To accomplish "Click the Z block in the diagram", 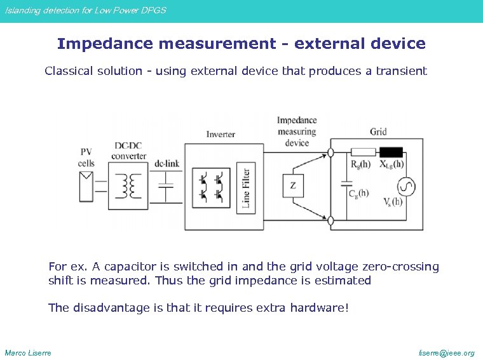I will [x=292, y=185].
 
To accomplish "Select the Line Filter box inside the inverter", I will [x=245, y=187].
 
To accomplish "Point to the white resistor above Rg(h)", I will [x=363, y=152].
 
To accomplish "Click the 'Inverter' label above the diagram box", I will [x=221, y=135].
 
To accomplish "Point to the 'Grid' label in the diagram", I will [x=378, y=132].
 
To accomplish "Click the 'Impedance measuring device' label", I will [x=297, y=131].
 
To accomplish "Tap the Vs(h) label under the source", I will [x=392, y=201].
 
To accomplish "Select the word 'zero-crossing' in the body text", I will [x=399, y=267].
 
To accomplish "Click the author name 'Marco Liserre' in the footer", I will [x=28, y=352].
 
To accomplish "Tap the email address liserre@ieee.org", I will [x=447, y=352].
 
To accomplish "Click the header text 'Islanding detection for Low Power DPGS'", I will [x=85, y=10].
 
